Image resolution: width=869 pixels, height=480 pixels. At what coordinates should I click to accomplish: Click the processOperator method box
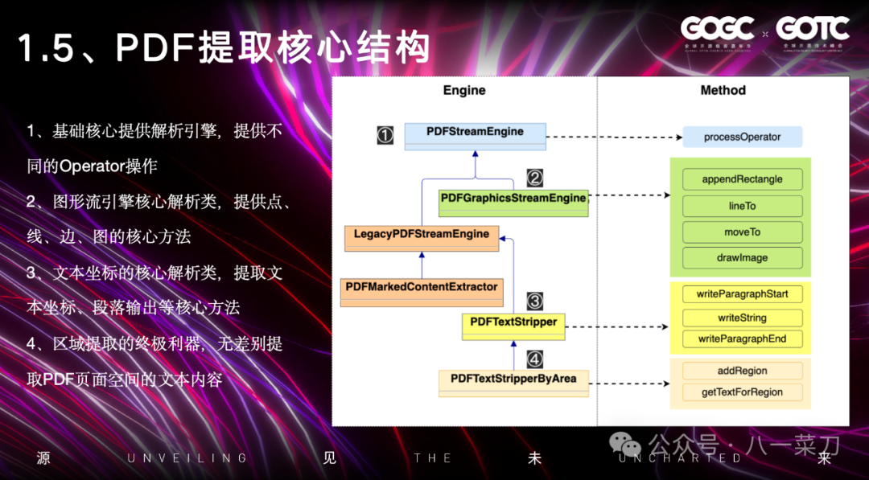[742, 137]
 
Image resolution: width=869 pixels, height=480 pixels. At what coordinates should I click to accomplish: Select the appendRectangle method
[742, 179]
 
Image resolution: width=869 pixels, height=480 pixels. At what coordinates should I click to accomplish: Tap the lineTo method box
[742, 206]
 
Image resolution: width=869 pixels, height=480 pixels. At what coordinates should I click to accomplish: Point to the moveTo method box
[742, 232]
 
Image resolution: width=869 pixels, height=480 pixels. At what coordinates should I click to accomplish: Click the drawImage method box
[742, 258]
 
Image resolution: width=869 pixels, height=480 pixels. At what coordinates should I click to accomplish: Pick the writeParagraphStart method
[742, 293]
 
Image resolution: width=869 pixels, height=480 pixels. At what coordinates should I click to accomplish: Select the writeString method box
[742, 318]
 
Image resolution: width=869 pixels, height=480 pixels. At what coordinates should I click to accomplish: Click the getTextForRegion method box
[742, 392]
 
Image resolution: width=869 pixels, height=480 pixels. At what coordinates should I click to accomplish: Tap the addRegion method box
[742, 371]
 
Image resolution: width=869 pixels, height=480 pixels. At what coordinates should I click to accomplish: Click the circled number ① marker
[385, 136]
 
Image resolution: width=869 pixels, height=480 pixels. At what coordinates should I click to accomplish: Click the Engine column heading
[464, 90]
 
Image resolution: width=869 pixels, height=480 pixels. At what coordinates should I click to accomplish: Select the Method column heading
[723, 90]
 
